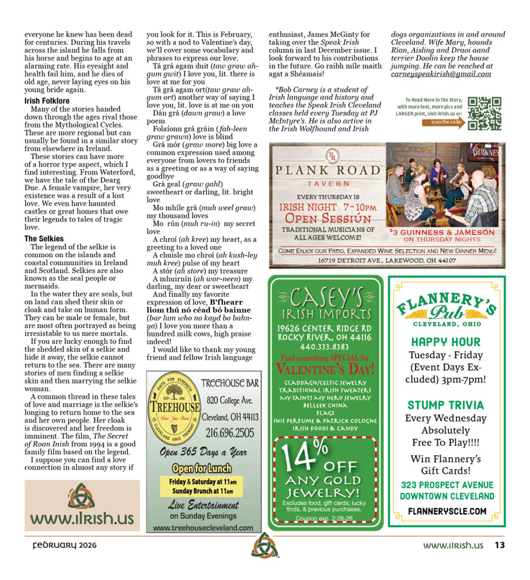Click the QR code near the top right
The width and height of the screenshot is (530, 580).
click(x=484, y=113)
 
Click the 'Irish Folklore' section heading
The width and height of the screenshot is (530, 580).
click(x=47, y=101)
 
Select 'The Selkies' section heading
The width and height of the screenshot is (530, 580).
click(x=44, y=238)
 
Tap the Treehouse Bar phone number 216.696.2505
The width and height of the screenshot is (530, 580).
click(x=230, y=433)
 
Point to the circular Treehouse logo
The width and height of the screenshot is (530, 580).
click(x=174, y=407)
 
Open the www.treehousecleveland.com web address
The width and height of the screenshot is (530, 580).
click(x=203, y=527)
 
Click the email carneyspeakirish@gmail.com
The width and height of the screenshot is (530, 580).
click(x=441, y=74)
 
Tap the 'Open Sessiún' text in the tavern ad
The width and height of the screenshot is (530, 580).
click(x=328, y=218)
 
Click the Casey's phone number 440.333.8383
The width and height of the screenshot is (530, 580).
click(x=325, y=347)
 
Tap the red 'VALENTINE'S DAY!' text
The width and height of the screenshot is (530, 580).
click(x=325, y=369)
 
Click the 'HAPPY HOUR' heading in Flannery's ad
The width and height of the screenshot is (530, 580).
click(x=446, y=342)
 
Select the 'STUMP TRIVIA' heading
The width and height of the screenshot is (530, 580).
click(x=446, y=405)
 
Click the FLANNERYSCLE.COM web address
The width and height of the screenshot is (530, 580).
click(x=446, y=511)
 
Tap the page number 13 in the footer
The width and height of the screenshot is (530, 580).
click(x=499, y=545)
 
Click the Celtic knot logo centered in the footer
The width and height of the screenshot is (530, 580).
click(x=265, y=546)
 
